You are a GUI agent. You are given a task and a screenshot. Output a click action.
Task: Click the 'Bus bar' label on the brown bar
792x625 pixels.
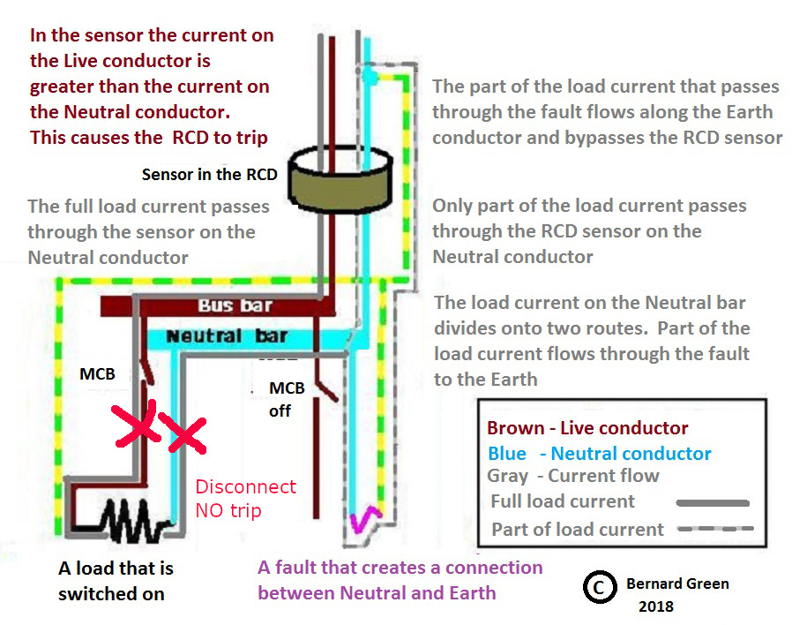click(x=235, y=305)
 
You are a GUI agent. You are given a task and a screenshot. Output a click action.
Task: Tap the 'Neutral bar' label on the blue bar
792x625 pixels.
click(x=227, y=335)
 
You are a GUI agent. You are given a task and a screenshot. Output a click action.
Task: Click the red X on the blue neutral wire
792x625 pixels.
click(x=183, y=433)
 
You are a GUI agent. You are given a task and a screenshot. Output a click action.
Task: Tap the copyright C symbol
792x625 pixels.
click(x=600, y=587)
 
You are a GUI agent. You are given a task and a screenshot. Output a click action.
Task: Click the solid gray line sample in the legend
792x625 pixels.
click(x=713, y=503)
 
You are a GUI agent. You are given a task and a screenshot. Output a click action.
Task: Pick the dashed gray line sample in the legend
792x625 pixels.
click(x=715, y=529)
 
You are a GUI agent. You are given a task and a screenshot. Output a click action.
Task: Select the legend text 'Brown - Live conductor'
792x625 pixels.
click(x=587, y=428)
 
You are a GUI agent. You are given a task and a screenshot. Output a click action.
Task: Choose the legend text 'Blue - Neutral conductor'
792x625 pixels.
click(x=600, y=454)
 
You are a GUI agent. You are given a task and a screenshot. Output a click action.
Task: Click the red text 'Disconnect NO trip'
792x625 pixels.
click(x=245, y=499)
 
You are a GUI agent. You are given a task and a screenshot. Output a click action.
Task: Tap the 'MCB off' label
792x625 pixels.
click(x=287, y=400)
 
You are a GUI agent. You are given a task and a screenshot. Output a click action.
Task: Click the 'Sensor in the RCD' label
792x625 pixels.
click(x=210, y=175)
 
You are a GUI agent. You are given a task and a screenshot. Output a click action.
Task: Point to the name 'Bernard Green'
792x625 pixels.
click(x=677, y=584)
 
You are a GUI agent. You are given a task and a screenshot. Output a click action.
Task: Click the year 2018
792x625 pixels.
click(x=656, y=606)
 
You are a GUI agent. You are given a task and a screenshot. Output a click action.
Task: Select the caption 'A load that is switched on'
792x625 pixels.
click(x=116, y=581)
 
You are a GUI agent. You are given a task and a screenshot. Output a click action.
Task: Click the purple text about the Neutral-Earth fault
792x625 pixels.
click(x=400, y=580)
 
